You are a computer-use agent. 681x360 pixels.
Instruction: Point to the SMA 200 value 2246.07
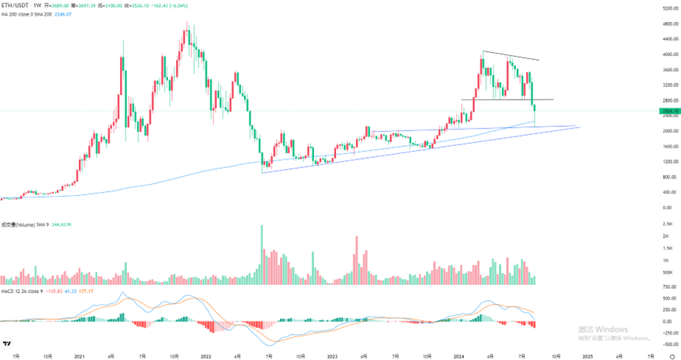(72, 13)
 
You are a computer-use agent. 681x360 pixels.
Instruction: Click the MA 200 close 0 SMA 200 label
(31, 13)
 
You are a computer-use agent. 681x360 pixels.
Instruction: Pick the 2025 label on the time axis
(588, 356)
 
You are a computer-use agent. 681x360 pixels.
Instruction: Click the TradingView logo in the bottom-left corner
(7, 343)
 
